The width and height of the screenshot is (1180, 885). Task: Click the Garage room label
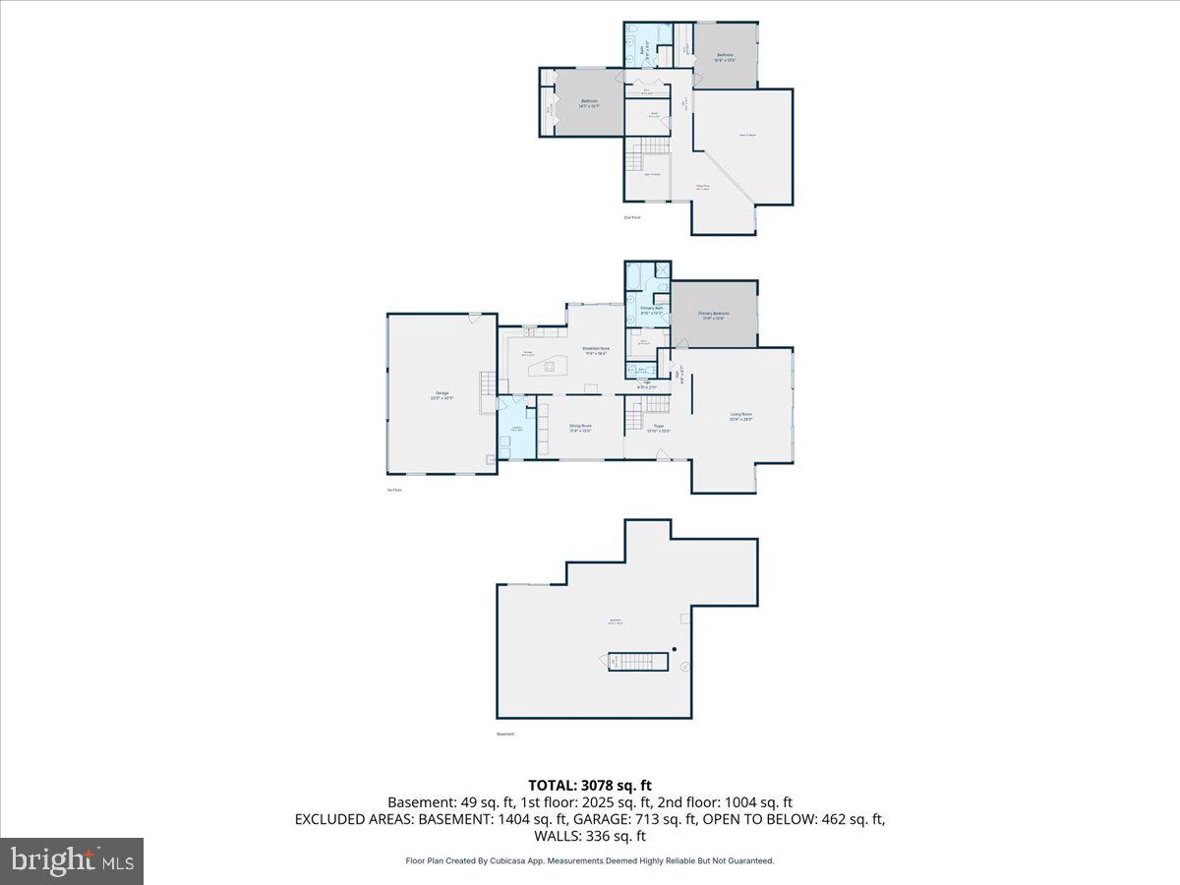click(442, 394)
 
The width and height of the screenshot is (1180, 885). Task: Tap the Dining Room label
click(580, 427)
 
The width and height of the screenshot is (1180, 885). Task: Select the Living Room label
click(741, 416)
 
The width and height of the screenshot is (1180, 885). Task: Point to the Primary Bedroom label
click(714, 315)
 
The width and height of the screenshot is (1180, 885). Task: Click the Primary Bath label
click(652, 309)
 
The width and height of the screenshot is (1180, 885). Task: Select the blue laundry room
click(516, 428)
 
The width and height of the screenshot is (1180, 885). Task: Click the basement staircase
click(634, 661)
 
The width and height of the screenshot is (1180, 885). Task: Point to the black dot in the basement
click(675, 649)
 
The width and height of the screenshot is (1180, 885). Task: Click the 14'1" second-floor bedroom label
click(589, 102)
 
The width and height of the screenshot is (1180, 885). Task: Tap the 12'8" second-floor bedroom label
click(725, 56)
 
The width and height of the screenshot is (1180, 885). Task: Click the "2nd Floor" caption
click(631, 216)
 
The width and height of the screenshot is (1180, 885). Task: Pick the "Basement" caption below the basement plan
click(505, 734)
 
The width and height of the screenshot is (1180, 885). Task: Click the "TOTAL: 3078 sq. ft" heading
click(590, 785)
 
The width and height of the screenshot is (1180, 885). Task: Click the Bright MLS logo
click(72, 861)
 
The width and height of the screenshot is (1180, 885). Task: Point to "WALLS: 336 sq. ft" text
click(590, 836)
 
